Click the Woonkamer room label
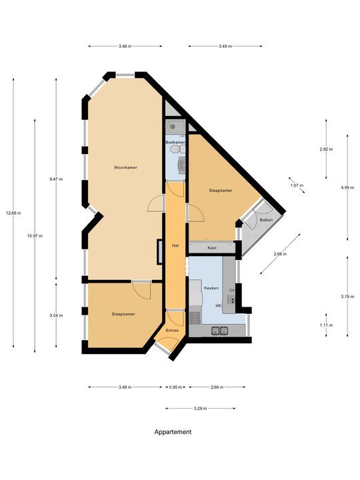pyautogui.click(x=125, y=167)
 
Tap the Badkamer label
pyautogui.click(x=175, y=143)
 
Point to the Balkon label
pyautogui.click(x=267, y=219)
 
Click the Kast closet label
pyautogui.click(x=212, y=248)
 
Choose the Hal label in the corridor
pyautogui.click(x=175, y=245)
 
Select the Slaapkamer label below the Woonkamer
pyautogui.click(x=124, y=314)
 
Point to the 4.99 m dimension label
pyautogui.click(x=347, y=188)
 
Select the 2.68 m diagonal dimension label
pyautogui.click(x=280, y=253)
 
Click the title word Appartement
pyautogui.click(x=173, y=432)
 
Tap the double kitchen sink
pyautogui.click(x=220, y=330)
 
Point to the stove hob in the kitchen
pyautogui.click(x=195, y=319)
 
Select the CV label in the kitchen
pyautogui.click(x=231, y=291)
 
